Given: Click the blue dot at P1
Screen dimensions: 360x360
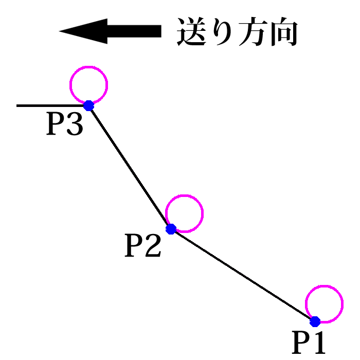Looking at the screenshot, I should pyautogui.click(x=315, y=321).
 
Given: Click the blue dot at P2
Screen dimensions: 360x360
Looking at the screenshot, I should pyautogui.click(x=171, y=228).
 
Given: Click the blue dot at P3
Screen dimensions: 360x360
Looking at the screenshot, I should pyautogui.click(x=88, y=105).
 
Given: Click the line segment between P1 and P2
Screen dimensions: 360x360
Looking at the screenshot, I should pyautogui.click(x=243, y=275).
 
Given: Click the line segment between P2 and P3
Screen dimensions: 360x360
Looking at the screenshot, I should pyautogui.click(x=130, y=167).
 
